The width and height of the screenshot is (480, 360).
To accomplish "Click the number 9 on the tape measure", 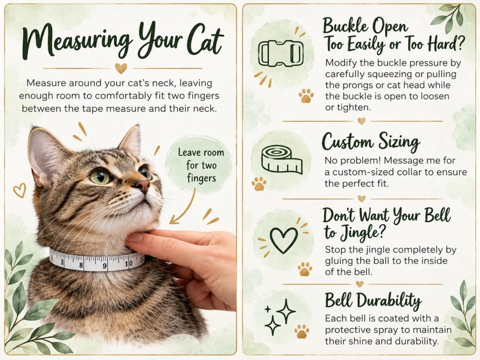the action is [105, 266].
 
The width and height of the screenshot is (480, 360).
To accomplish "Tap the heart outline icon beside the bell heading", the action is [284, 240].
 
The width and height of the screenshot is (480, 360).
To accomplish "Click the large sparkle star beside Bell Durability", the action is [286, 311].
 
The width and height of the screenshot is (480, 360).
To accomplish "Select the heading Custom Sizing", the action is [371, 142].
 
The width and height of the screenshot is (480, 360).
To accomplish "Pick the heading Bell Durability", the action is [373, 300].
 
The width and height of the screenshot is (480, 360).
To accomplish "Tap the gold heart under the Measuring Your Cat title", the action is [121, 68].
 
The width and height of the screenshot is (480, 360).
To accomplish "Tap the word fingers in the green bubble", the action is [201, 178].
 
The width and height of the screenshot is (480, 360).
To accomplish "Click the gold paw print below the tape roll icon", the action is [259, 184].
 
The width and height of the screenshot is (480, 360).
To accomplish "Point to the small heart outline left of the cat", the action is [19, 190].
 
